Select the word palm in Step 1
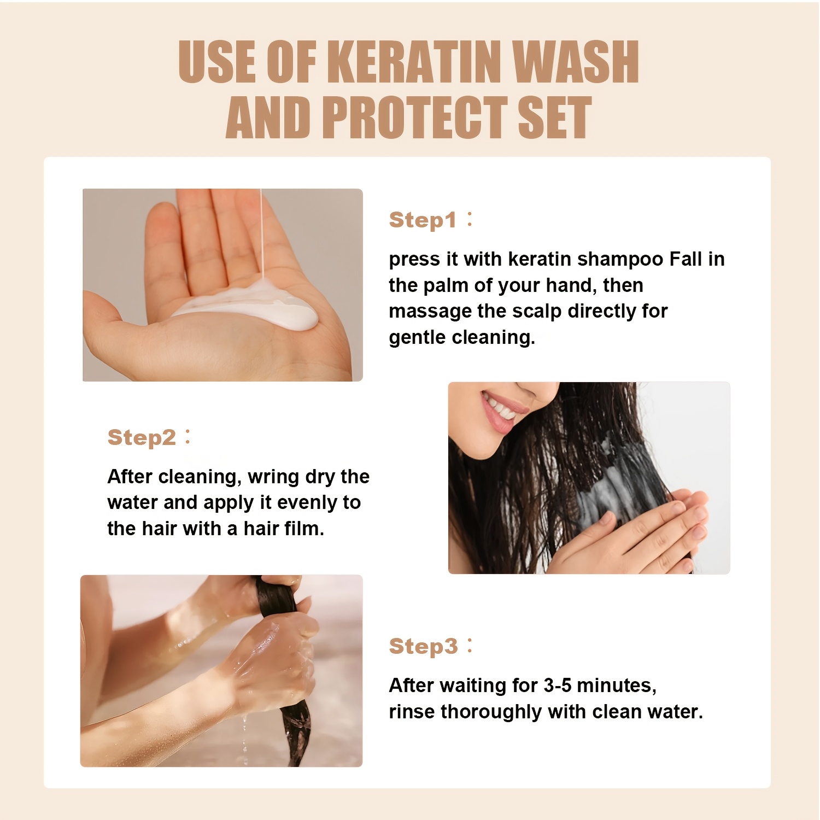[x=447, y=285]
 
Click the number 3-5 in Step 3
[x=558, y=685]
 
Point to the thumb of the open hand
[x=104, y=317]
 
